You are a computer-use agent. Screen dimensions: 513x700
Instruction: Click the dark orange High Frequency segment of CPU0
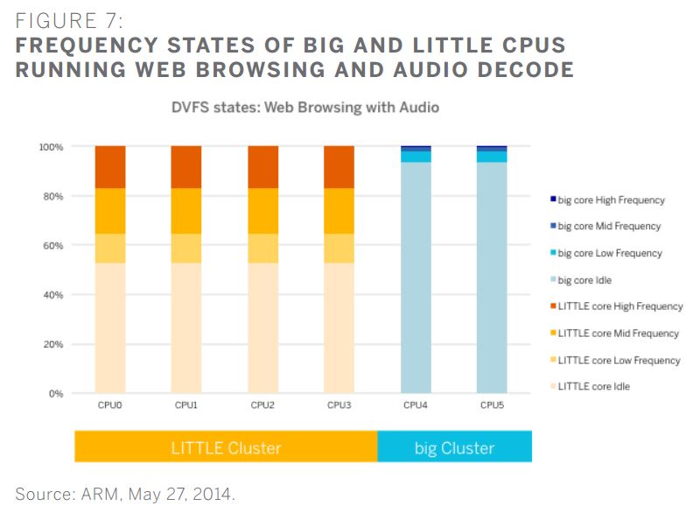(x=110, y=167)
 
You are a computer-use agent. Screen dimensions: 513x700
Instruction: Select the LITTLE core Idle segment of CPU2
(x=263, y=327)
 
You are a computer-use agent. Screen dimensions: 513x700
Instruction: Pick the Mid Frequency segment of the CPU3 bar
(x=339, y=211)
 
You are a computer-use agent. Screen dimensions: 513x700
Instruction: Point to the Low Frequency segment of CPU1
(x=186, y=249)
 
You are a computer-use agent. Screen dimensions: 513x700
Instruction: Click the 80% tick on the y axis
(x=52, y=197)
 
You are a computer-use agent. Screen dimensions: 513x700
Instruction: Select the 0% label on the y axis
(x=55, y=394)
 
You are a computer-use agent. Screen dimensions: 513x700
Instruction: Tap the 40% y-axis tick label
(x=52, y=295)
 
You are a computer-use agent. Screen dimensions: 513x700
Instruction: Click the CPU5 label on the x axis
(x=492, y=406)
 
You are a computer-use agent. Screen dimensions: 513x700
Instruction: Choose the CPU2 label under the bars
(x=263, y=406)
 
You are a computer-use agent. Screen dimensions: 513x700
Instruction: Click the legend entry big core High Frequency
(x=611, y=200)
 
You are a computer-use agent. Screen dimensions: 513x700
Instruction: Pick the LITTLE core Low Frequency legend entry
(x=618, y=360)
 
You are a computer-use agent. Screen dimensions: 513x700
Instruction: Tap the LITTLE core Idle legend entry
(x=593, y=386)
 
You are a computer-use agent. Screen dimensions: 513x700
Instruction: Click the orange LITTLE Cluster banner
(x=226, y=447)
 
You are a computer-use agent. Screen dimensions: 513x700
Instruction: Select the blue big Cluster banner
(x=454, y=447)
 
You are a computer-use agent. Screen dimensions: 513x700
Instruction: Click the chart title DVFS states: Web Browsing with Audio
(x=292, y=108)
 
